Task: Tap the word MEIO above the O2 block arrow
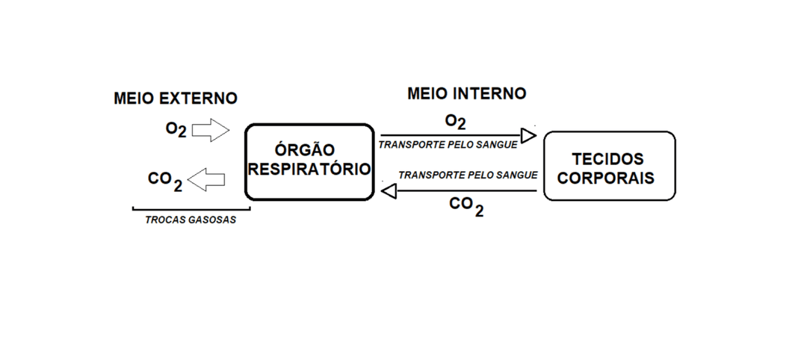(x=134, y=99)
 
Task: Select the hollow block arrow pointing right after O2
(x=211, y=131)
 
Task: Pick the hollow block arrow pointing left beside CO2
(x=207, y=179)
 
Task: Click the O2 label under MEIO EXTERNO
(x=176, y=129)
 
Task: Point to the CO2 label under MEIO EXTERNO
(x=165, y=180)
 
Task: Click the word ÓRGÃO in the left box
(x=309, y=150)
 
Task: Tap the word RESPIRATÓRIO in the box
(x=309, y=169)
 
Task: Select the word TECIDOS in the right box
(x=607, y=160)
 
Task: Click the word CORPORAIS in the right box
(x=608, y=179)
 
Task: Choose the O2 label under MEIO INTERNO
(x=456, y=122)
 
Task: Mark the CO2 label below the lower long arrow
(x=466, y=205)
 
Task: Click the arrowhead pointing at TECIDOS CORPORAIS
(x=529, y=135)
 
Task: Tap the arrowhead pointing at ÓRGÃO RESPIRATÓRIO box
(x=389, y=192)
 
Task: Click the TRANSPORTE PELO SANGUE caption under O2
(x=448, y=144)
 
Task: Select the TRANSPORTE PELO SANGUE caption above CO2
(x=468, y=175)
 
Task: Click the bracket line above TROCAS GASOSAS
(x=191, y=208)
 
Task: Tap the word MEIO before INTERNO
(x=427, y=93)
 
